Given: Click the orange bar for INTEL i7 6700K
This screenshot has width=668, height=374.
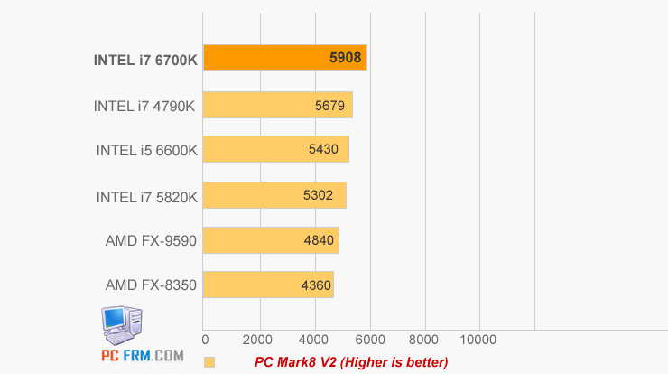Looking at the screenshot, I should pyautogui.click(x=271, y=58).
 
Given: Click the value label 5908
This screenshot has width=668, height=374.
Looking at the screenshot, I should pyautogui.click(x=346, y=59).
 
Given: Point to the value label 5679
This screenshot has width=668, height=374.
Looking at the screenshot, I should pyautogui.click(x=329, y=105).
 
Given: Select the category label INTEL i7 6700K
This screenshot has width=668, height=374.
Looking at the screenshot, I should pyautogui.click(x=144, y=61).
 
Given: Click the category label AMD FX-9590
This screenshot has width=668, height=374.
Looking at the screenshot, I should pyautogui.click(x=151, y=240).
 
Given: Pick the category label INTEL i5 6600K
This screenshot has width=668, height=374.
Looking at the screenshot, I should pyautogui.click(x=146, y=150).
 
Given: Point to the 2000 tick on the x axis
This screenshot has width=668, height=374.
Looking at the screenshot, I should pyautogui.click(x=260, y=341).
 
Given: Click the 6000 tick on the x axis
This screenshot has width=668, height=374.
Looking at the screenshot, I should pyautogui.click(x=369, y=341).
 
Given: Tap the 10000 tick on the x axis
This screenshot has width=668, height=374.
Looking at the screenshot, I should pyautogui.click(x=478, y=341).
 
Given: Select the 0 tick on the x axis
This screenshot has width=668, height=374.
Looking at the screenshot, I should pyautogui.click(x=206, y=341).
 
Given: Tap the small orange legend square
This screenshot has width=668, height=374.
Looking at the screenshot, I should pyautogui.click(x=209, y=362).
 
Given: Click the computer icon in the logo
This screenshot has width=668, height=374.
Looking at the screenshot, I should pyautogui.click(x=122, y=323).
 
